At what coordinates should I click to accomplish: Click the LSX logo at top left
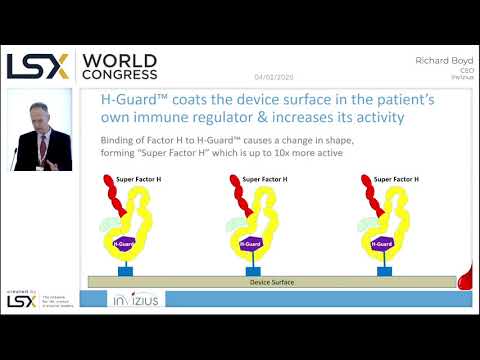tap(38, 65)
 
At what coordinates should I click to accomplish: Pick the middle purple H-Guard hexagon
tap(253, 243)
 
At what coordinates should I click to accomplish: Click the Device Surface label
tap(271, 282)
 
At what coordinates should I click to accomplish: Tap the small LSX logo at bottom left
tap(21, 299)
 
